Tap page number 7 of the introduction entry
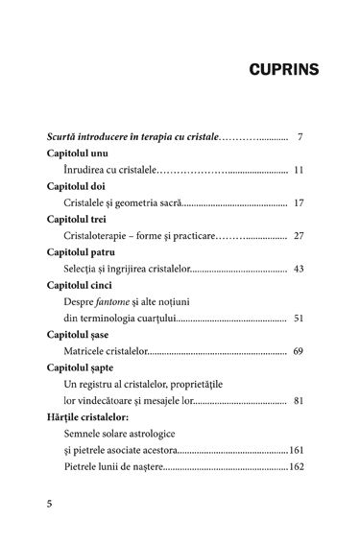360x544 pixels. (x=300, y=135)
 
